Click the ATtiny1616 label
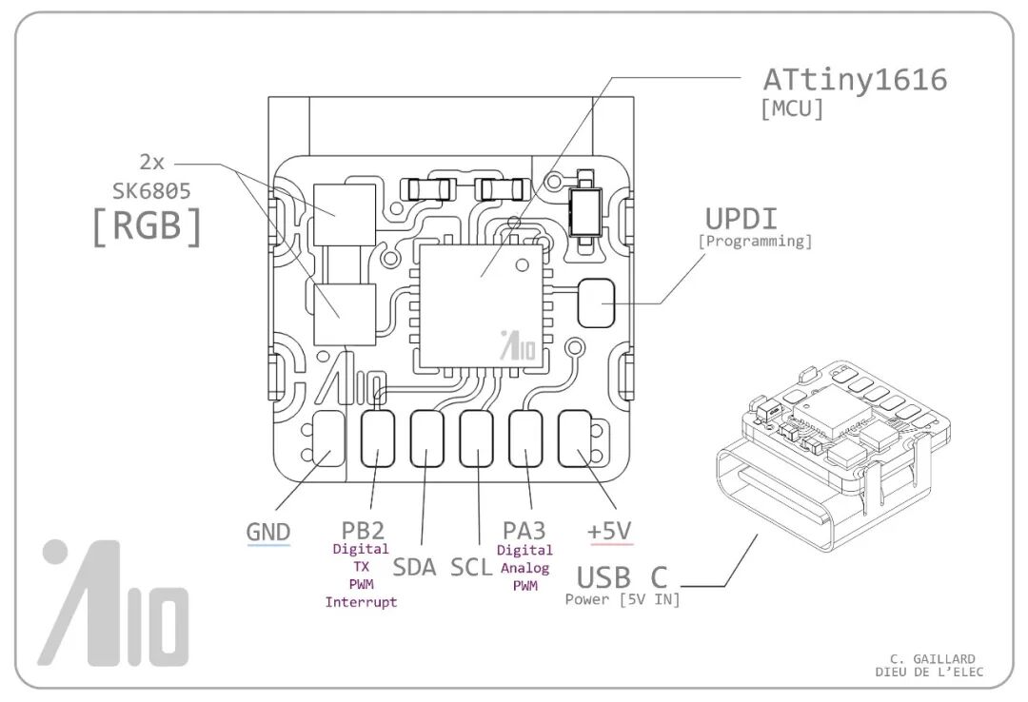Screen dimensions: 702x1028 click(x=856, y=80)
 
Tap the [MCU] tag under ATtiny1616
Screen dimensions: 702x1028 click(x=792, y=109)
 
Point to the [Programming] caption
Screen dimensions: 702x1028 click(x=755, y=242)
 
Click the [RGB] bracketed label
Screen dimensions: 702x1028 click(x=147, y=226)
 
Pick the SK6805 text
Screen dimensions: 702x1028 click(x=151, y=190)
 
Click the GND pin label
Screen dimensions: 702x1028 click(x=267, y=532)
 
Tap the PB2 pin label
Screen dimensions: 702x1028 click(x=363, y=530)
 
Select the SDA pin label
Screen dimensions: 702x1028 click(x=414, y=567)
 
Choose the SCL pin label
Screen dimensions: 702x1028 click(x=471, y=567)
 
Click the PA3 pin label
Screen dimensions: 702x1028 click(x=524, y=530)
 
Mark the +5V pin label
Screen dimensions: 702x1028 click(x=609, y=531)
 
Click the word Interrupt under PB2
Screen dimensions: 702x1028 click(x=361, y=602)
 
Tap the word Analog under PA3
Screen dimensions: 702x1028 click(x=524, y=568)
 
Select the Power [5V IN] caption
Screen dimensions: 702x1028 click(x=623, y=600)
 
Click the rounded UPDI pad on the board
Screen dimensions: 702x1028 click(x=596, y=301)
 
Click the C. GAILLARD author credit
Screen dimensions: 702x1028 click(x=932, y=659)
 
